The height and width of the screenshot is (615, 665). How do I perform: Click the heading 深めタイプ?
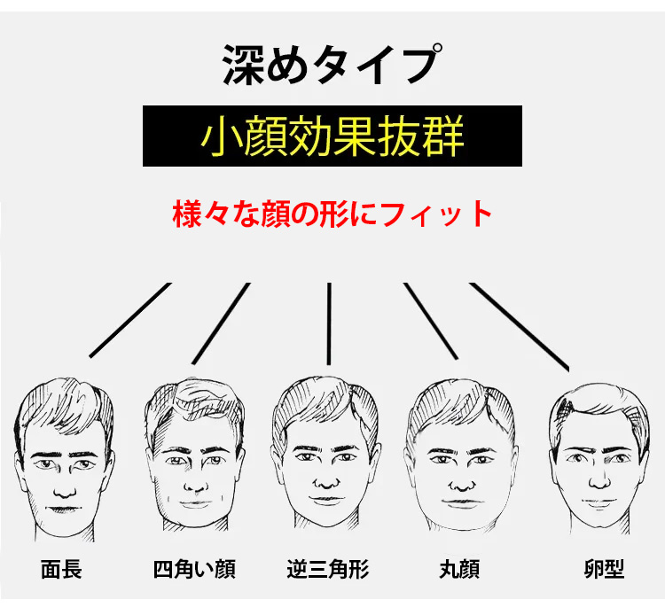332,65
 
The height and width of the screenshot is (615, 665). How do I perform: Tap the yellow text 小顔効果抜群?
332,136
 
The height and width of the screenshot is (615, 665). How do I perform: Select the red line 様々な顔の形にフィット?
332,214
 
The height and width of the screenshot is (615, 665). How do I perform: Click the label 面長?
61,569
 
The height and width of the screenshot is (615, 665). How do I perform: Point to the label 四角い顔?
194,569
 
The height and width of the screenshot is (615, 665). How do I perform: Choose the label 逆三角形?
328,569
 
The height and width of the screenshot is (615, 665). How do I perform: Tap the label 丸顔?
459,569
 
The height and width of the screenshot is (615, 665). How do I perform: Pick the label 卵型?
604,569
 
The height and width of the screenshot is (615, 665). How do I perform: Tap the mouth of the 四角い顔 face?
195,503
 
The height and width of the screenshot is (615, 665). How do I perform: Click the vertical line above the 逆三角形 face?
329,323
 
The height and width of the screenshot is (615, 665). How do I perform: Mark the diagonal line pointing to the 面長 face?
130,321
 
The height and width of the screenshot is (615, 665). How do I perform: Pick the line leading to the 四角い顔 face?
221,323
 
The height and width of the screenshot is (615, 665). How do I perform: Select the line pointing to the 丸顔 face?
431,322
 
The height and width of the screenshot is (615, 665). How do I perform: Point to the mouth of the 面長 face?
63,509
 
